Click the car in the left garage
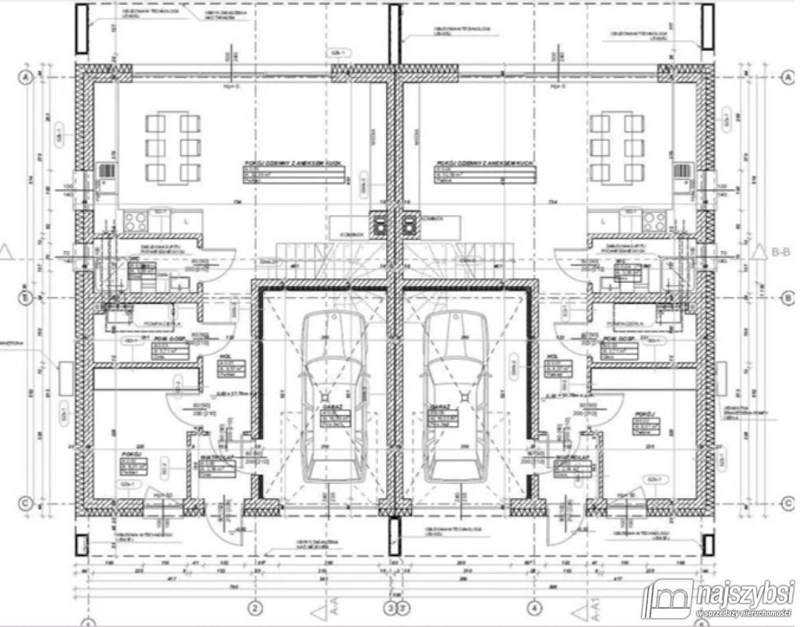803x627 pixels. coord(332,397)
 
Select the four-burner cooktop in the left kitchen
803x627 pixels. coord(136,222)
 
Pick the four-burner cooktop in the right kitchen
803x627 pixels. coord(654,222)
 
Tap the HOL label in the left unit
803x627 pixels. coord(224,356)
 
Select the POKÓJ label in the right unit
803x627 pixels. coord(645,414)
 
